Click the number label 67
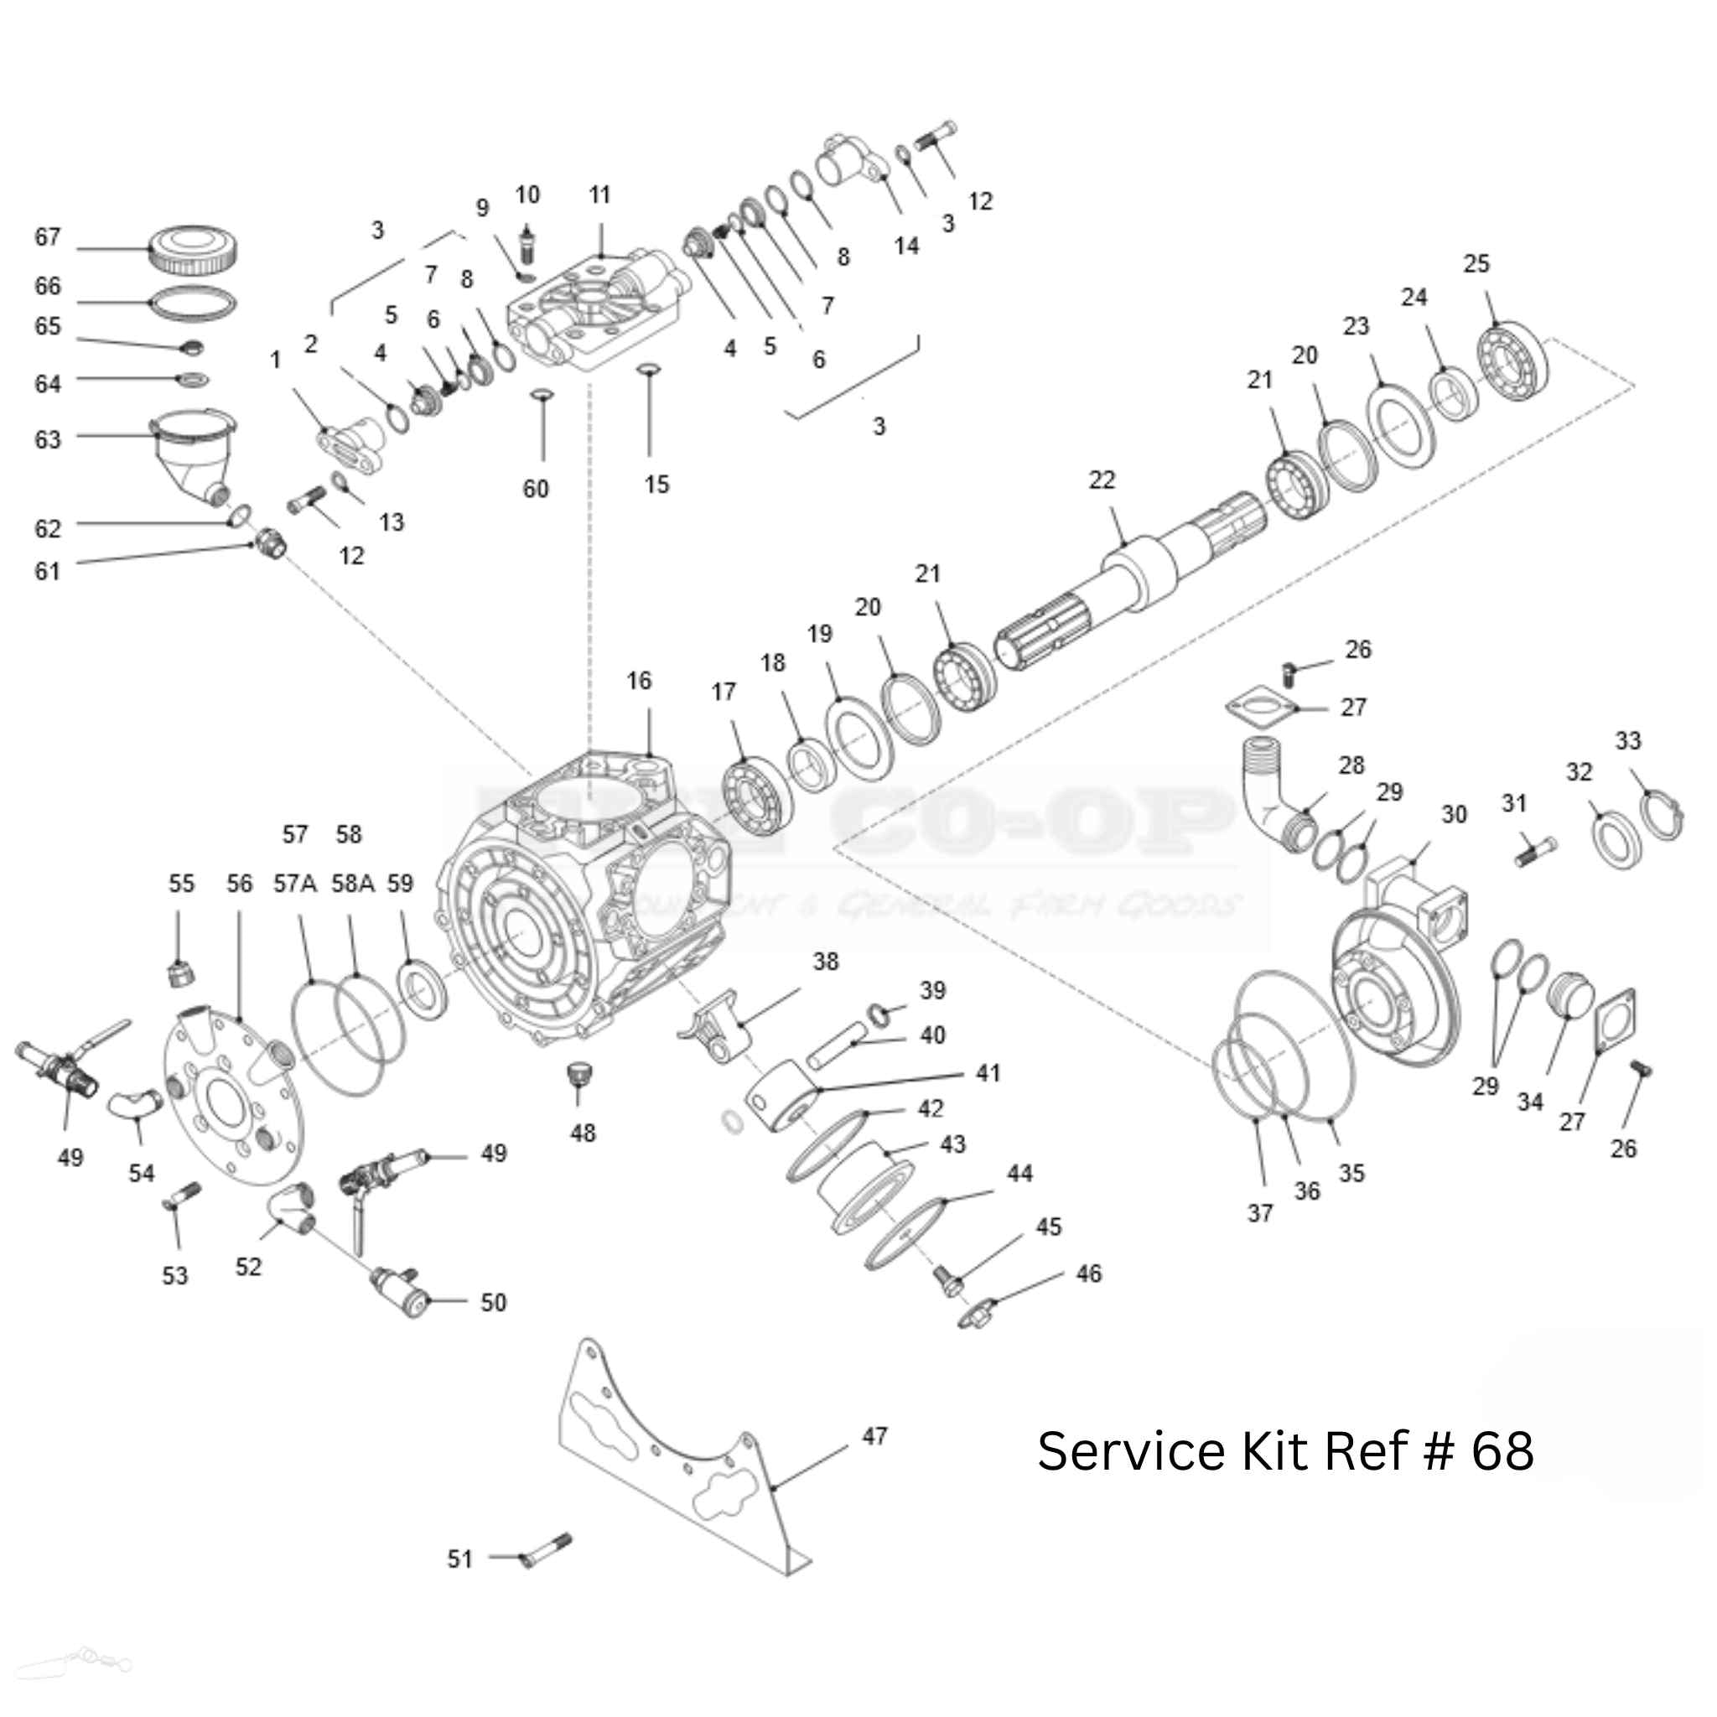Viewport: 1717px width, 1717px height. pyautogui.click(x=47, y=237)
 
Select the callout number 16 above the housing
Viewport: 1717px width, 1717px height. pyautogui.click(x=639, y=681)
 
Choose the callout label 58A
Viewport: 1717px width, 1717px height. pyautogui.click(x=353, y=884)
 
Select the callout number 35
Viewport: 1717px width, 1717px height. pyautogui.click(x=1351, y=1173)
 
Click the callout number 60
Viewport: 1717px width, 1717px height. pyautogui.click(x=536, y=489)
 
